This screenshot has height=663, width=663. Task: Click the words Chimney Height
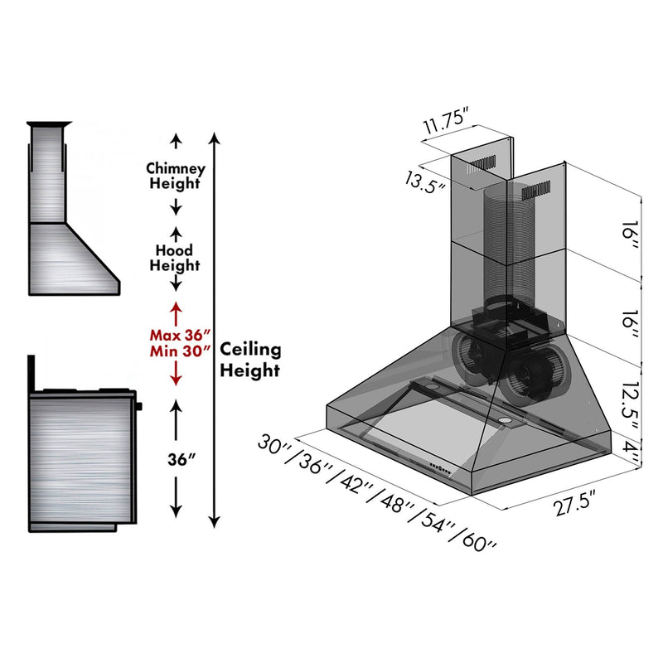pos(175,176)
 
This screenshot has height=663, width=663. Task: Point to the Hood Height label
pos(175,258)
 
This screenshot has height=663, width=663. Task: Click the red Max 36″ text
pos(175,336)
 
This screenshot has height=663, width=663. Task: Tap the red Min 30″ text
pos(175,352)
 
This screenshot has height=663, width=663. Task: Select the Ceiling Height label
pos(249,361)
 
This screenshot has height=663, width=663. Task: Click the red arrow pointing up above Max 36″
pos(175,313)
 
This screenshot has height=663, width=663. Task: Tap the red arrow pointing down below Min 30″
pos(175,375)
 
